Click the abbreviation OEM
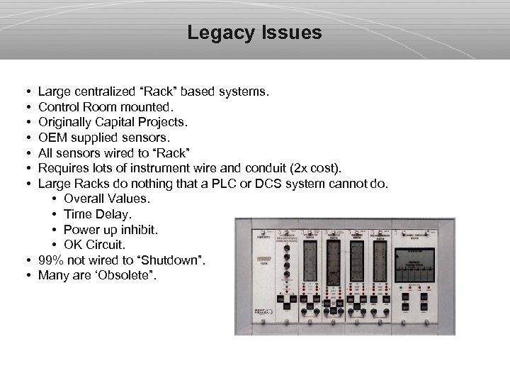[52, 138]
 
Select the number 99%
[52, 260]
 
